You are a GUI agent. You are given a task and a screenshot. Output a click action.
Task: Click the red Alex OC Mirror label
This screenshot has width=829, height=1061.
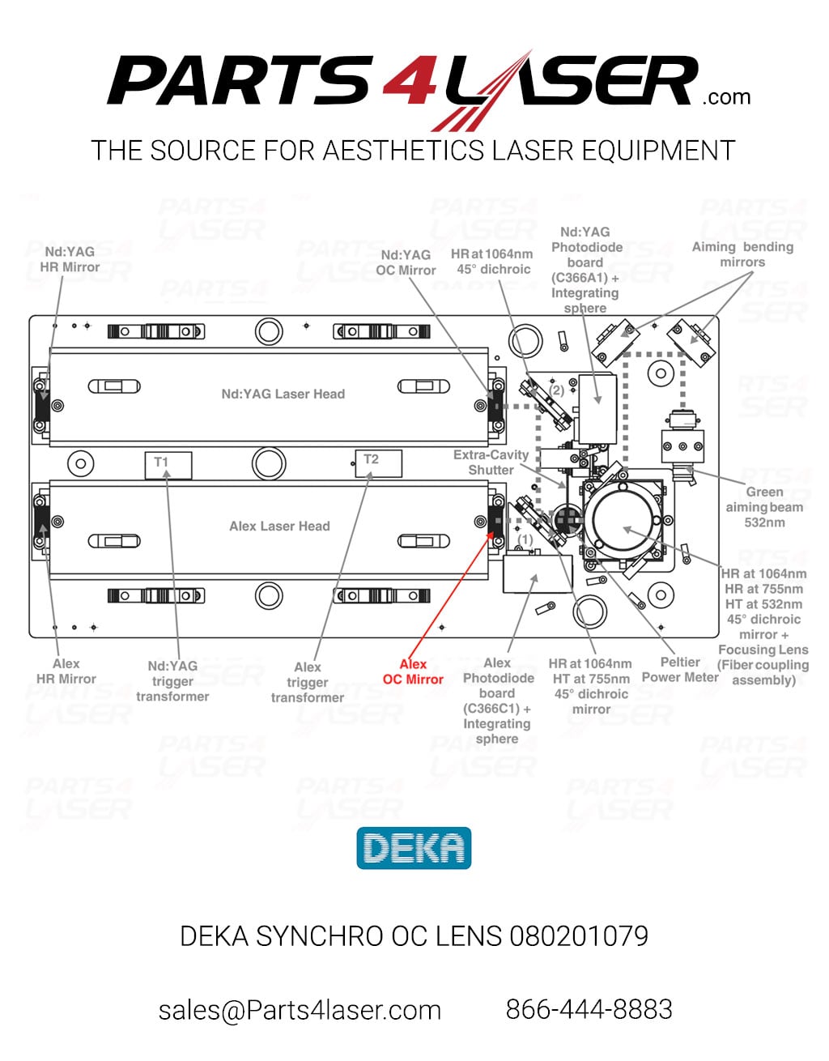[x=413, y=671]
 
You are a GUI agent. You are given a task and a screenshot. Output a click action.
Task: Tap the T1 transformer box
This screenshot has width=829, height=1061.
[x=168, y=466]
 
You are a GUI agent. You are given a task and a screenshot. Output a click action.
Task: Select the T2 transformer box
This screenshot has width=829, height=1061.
[x=379, y=463]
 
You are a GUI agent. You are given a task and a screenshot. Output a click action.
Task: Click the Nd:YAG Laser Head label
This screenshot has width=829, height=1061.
[x=283, y=394]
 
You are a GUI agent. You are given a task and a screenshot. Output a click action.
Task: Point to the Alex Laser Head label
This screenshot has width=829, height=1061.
[x=279, y=526]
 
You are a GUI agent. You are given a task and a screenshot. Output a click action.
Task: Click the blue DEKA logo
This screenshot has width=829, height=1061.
[x=414, y=848]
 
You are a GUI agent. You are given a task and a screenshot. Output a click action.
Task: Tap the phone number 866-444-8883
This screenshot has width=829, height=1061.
[x=589, y=1008]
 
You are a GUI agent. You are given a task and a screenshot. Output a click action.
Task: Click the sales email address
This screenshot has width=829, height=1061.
[x=300, y=1010]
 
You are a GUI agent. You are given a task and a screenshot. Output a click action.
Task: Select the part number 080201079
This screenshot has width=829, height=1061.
[x=579, y=936]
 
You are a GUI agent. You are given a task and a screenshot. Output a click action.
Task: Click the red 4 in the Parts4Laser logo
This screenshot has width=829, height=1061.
[x=410, y=79]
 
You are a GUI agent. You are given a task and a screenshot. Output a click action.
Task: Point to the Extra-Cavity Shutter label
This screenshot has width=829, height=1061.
[x=491, y=462]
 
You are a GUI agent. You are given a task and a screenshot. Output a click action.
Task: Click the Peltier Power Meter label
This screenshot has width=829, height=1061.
[x=680, y=670]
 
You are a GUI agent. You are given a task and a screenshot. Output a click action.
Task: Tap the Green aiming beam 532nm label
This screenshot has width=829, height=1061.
[x=764, y=507]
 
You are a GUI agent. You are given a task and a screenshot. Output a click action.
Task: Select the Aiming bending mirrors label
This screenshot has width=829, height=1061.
[x=742, y=254]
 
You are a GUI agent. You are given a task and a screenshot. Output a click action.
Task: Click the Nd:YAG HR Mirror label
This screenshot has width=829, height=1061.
[x=70, y=259]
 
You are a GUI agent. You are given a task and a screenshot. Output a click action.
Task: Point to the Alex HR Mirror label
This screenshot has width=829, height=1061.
[x=66, y=671]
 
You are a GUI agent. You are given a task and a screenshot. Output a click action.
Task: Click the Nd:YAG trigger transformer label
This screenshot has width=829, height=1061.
[x=172, y=681]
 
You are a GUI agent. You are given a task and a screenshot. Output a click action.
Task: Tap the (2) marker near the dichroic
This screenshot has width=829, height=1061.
[x=557, y=390]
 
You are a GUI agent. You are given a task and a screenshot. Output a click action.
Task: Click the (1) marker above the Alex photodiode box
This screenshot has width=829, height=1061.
[x=525, y=539]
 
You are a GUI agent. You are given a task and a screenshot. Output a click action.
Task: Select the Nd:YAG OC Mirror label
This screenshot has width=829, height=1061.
[x=406, y=262]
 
